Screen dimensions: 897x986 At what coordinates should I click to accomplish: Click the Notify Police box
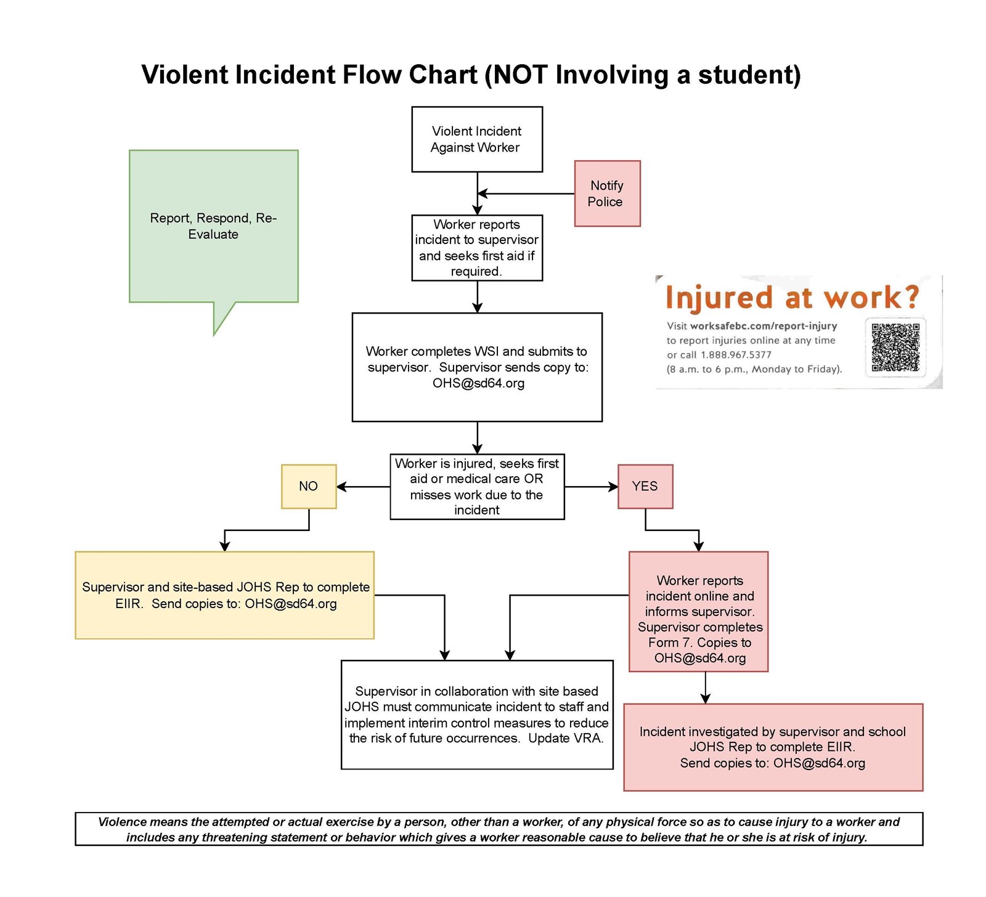tap(607, 193)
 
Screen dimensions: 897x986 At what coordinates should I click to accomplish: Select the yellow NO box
tap(309, 486)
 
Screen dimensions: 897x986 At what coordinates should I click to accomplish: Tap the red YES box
tap(645, 486)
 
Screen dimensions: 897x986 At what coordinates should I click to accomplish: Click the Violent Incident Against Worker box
tap(477, 139)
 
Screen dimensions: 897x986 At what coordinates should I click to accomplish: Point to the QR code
tap(895, 347)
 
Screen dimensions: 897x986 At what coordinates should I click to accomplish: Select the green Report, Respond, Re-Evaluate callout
tap(213, 226)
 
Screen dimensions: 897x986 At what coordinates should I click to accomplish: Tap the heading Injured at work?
tap(791, 297)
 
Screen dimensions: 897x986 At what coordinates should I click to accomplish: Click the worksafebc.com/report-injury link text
tap(763, 326)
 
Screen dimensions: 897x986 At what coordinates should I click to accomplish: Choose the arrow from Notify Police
tap(527, 193)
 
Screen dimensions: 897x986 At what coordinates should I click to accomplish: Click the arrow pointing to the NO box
tap(363, 487)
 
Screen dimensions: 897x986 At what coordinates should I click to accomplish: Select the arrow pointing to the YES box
tap(591, 487)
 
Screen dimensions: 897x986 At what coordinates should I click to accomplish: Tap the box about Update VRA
tap(477, 715)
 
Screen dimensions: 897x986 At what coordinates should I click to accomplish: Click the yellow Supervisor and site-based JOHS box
tap(224, 595)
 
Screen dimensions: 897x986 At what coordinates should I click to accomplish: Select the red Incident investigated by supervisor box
tap(773, 747)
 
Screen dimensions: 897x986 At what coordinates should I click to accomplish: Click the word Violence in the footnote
tap(122, 821)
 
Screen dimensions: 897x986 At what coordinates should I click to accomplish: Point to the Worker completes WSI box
tap(477, 367)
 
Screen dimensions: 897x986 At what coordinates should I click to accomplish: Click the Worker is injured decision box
tap(477, 486)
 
